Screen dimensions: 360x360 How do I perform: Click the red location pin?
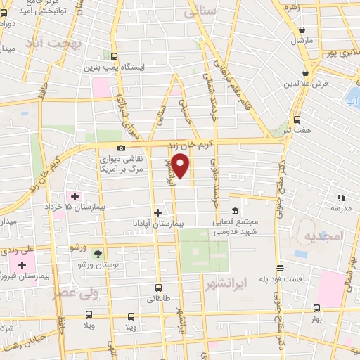181,165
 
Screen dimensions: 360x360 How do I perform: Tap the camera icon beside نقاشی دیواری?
122,148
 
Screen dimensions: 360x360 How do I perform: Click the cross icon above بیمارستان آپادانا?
157,212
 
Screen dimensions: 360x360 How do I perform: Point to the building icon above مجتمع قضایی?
234,211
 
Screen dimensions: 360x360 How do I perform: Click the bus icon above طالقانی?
157,287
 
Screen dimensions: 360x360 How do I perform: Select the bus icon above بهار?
316,308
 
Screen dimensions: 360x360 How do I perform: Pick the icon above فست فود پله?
280,268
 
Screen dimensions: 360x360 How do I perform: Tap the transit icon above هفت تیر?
297,120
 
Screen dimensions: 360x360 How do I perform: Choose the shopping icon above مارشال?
302,30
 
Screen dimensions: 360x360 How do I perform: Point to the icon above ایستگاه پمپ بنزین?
114,56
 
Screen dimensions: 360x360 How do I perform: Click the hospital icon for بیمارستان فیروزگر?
22,265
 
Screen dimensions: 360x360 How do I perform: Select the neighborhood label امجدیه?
322,236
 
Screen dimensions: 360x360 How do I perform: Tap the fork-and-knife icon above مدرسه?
341,198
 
